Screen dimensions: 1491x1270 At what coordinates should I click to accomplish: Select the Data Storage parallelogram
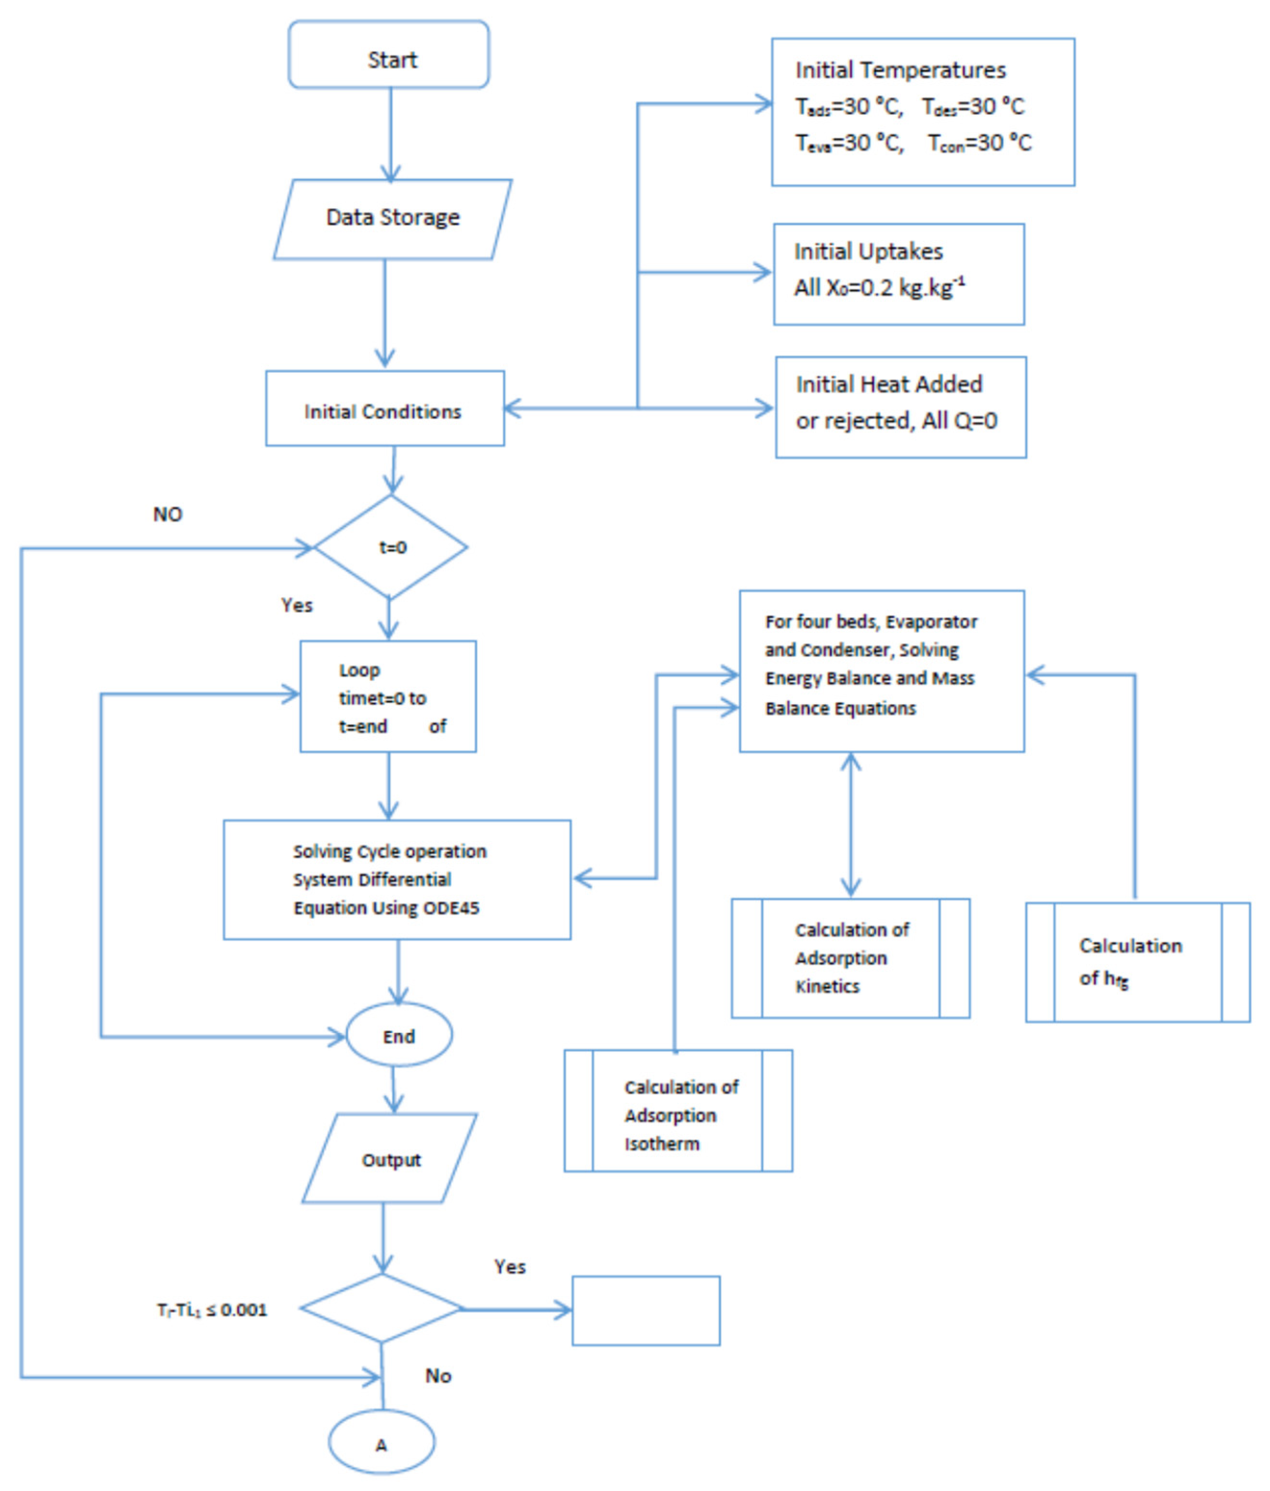click(x=392, y=218)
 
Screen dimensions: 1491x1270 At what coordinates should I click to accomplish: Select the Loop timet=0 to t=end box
click(x=388, y=696)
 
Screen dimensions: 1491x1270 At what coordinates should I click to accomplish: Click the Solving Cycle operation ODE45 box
click(x=397, y=879)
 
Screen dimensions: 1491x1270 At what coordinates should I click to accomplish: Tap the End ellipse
click(x=398, y=1036)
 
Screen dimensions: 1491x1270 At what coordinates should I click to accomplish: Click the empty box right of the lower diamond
click(x=646, y=1310)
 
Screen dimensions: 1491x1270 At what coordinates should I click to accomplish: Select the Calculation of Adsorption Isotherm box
click(x=678, y=1115)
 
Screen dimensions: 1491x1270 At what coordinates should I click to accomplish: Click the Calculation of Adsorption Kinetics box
click(x=850, y=958)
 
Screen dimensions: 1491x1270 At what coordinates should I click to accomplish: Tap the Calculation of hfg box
click(x=1137, y=962)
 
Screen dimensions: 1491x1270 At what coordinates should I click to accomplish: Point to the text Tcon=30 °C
click(x=979, y=143)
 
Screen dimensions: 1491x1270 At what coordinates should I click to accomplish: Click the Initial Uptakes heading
click(x=868, y=251)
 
